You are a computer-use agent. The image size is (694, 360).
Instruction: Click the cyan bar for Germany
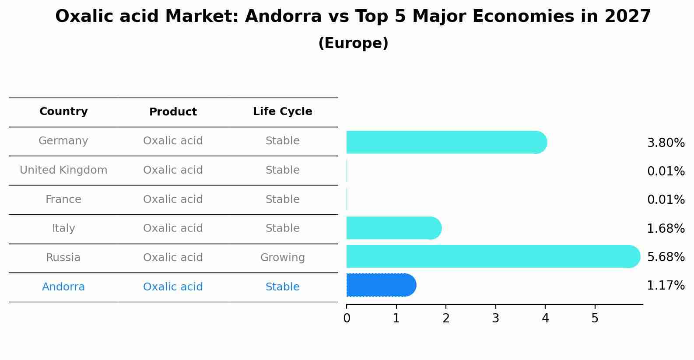446,142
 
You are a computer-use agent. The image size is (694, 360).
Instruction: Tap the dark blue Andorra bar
381,285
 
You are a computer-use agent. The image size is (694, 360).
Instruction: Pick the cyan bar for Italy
394,228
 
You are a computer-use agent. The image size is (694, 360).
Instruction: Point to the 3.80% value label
666,143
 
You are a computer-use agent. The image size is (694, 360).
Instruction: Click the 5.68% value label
666,257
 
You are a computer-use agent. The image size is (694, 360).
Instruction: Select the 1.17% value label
666,286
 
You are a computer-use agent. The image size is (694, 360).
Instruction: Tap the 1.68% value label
666,228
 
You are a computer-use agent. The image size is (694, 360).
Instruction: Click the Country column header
63,112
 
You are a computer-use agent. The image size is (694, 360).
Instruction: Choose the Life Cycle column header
282,112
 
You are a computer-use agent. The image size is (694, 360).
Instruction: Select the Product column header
173,112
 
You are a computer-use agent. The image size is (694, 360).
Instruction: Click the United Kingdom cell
63,170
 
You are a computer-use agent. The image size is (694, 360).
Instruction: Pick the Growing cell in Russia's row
282,258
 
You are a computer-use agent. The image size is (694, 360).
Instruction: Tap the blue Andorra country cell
63,287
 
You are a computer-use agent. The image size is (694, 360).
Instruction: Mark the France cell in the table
63,199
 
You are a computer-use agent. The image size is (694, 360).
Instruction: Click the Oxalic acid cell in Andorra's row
173,287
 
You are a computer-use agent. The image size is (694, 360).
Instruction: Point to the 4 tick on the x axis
545,318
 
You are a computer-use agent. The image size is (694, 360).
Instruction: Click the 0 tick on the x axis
347,318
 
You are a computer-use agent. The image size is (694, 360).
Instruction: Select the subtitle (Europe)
353,43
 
